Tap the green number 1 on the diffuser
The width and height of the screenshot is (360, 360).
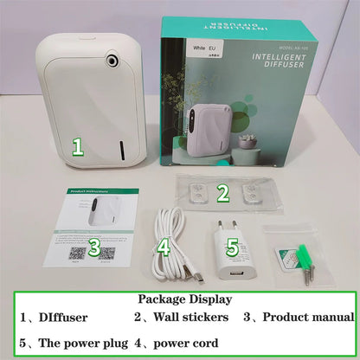pyautogui.click(x=77, y=146)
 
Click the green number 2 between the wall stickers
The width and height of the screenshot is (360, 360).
pyautogui.click(x=222, y=192)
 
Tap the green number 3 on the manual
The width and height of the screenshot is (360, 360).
pyautogui.click(x=94, y=249)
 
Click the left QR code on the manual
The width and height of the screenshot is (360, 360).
pyautogui.click(x=77, y=254)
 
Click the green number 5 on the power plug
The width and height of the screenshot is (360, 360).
pyautogui.click(x=232, y=247)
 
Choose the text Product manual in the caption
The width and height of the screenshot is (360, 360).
pyautogui.click(x=309, y=318)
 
